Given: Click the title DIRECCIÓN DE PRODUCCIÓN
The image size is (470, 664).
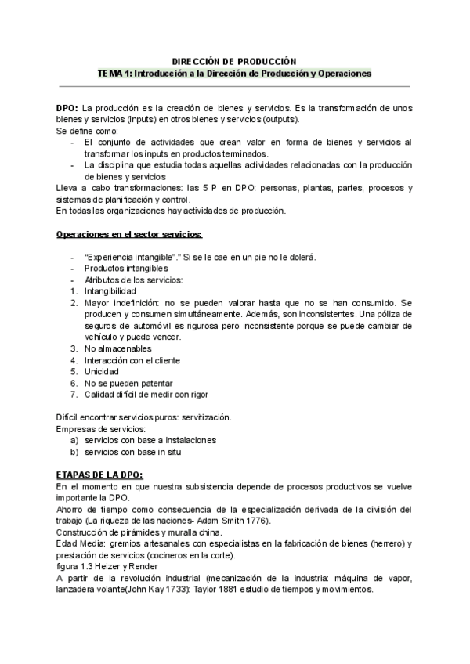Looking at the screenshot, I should pos(234,60).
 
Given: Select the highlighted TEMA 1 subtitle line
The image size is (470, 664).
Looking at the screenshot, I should pos(234,73).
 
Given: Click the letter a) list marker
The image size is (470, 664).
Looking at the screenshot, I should pos(74,440).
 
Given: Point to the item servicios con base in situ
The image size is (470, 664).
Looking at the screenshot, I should pos(138,452).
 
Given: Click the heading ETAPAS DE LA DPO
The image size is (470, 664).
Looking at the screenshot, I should pos(100,475).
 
